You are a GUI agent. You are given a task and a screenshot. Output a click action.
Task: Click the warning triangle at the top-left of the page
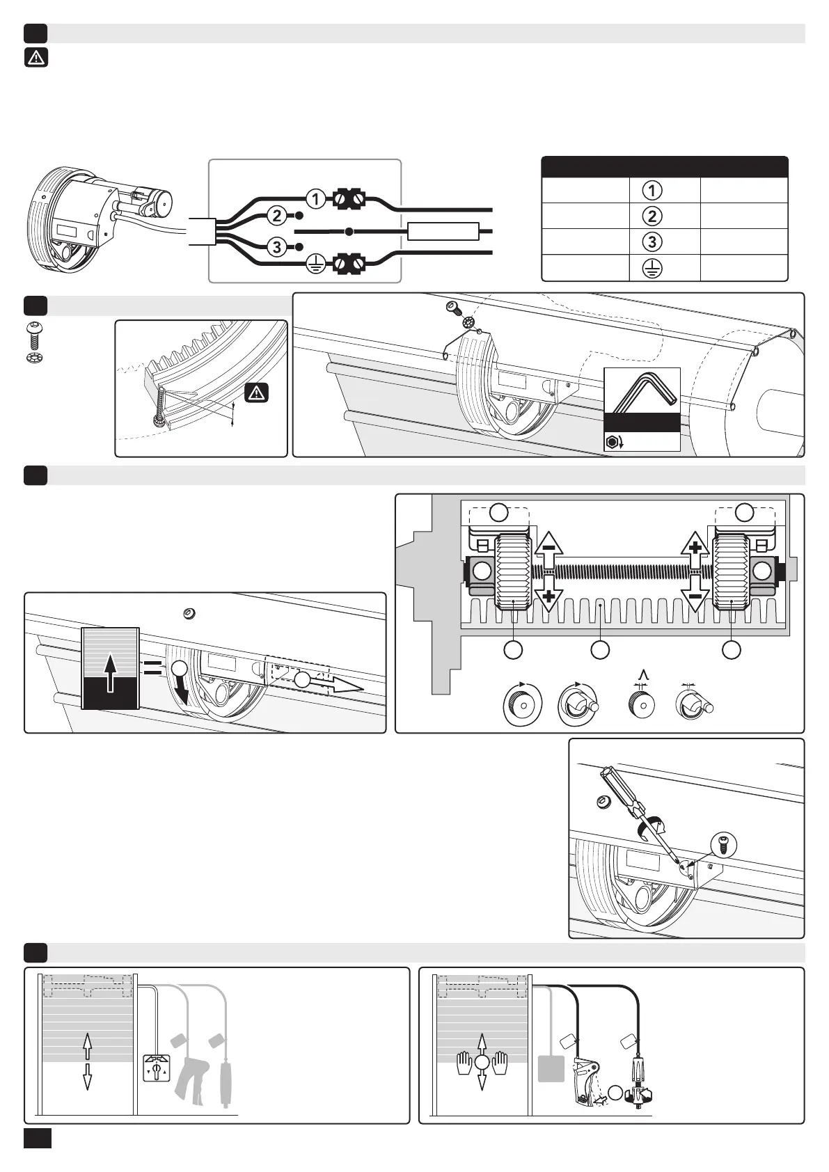36,58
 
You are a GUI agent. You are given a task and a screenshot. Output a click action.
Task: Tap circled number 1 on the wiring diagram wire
315,199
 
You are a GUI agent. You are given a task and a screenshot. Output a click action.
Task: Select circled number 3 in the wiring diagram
277,247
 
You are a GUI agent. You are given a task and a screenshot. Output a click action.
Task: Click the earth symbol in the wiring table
652,268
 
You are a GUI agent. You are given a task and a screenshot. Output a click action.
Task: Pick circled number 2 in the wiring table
652,216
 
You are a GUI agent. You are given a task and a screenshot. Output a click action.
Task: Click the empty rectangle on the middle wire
443,231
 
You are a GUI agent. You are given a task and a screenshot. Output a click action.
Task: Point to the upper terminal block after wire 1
351,199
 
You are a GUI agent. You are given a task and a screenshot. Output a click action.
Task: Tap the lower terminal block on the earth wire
351,264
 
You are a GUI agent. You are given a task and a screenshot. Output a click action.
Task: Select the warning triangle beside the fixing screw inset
257,393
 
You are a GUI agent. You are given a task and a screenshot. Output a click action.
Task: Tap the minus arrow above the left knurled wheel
549,550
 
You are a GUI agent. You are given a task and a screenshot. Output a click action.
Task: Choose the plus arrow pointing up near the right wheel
695,550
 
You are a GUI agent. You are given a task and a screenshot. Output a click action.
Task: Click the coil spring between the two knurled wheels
621,571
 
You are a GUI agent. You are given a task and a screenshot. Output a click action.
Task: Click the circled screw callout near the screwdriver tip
724,844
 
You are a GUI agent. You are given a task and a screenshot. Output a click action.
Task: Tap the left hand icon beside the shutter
464,1063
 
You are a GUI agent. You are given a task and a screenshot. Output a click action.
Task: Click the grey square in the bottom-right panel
551,1068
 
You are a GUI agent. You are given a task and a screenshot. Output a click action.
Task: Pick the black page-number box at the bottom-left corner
38,1138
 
